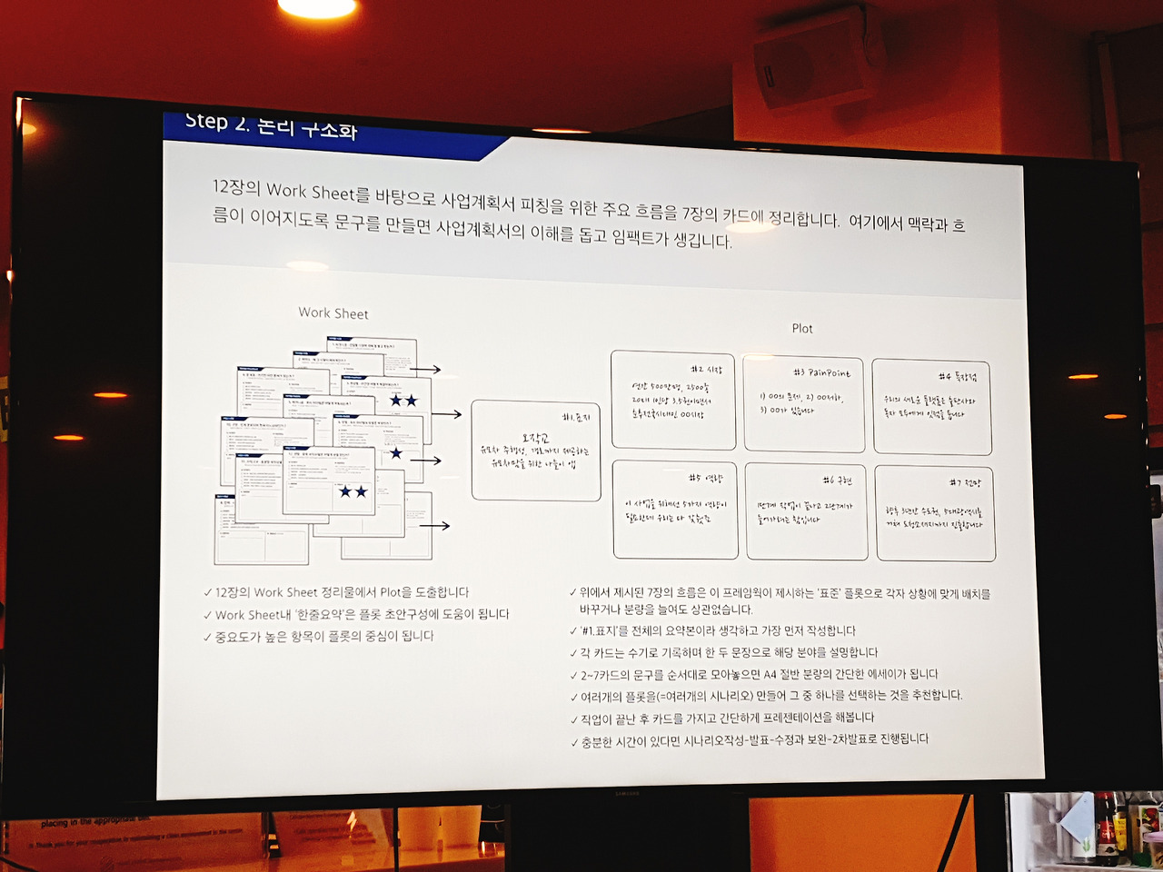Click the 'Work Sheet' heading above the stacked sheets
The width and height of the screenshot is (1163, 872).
click(x=333, y=313)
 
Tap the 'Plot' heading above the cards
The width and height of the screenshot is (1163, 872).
click(x=802, y=328)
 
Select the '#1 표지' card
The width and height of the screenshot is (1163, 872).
click(x=536, y=451)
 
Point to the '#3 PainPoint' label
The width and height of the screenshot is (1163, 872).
click(x=821, y=372)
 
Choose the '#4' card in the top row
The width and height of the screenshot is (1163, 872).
click(x=930, y=407)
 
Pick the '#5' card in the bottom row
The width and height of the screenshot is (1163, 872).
click(x=675, y=509)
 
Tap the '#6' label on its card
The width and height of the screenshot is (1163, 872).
click(x=837, y=480)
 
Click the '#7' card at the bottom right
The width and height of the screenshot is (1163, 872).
click(x=935, y=512)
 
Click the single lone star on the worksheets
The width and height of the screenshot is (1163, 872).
click(x=395, y=453)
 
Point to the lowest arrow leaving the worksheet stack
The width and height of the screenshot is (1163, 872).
click(x=434, y=525)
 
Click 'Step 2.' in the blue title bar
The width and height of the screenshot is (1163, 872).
click(x=216, y=123)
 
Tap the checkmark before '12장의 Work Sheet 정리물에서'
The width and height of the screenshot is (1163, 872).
click(x=208, y=592)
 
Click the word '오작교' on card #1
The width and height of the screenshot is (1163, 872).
click(x=535, y=439)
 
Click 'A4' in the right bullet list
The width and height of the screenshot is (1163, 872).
click(x=770, y=674)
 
